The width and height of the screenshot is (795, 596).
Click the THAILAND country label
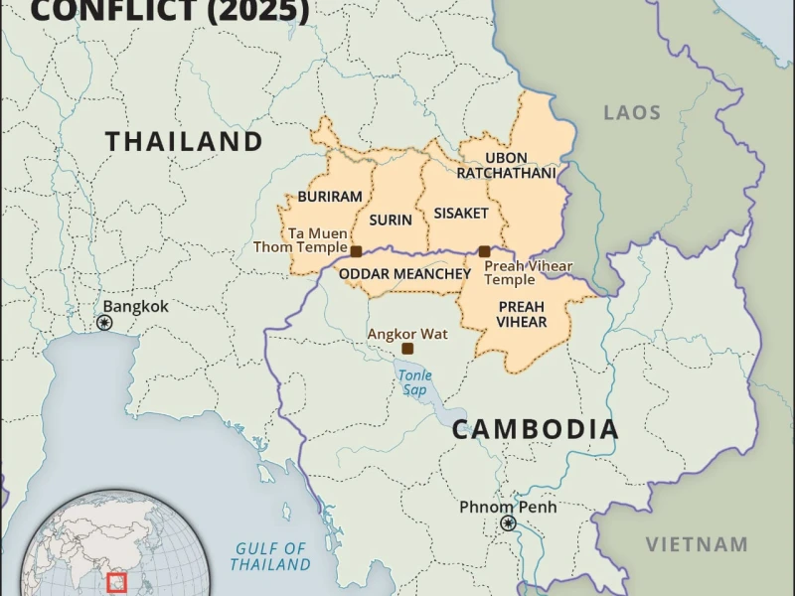pyautogui.click(x=184, y=141)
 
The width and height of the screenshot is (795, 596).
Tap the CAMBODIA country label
pyautogui.click(x=536, y=429)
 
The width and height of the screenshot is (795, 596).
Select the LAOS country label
pyautogui.click(x=632, y=112)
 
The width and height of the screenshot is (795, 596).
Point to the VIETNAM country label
pyautogui.click(x=697, y=544)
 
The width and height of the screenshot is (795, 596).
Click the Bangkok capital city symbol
pyautogui.click(x=104, y=324)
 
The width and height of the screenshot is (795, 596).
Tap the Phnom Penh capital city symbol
pyautogui.click(x=509, y=523)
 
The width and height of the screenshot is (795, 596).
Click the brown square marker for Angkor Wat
pyautogui.click(x=407, y=349)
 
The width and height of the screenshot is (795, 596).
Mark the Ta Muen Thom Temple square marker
pyautogui.click(x=356, y=251)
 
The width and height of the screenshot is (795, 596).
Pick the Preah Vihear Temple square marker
pyautogui.click(x=484, y=251)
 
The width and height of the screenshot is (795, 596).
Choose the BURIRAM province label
pyautogui.click(x=330, y=197)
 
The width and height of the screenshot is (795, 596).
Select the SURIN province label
pyautogui.click(x=391, y=220)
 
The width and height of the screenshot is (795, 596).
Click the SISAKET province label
pyautogui.click(x=461, y=213)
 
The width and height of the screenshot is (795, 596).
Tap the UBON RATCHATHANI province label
pyautogui.click(x=507, y=165)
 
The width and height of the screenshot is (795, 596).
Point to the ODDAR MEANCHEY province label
pyautogui.click(x=404, y=273)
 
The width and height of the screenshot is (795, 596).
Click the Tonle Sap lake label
pyautogui.click(x=414, y=382)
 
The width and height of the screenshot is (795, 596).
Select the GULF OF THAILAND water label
pyautogui.click(x=270, y=556)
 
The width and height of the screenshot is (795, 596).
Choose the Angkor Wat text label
pyautogui.click(x=407, y=334)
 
